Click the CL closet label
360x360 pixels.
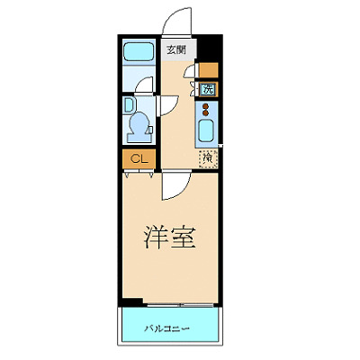click(137, 159)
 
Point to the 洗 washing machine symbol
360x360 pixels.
click(208, 89)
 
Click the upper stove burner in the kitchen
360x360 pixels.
click(207, 105)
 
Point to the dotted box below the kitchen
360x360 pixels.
click(208, 159)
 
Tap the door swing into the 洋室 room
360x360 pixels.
click(175, 185)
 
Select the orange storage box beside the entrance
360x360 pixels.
click(208, 69)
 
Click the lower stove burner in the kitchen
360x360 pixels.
click(207, 113)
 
